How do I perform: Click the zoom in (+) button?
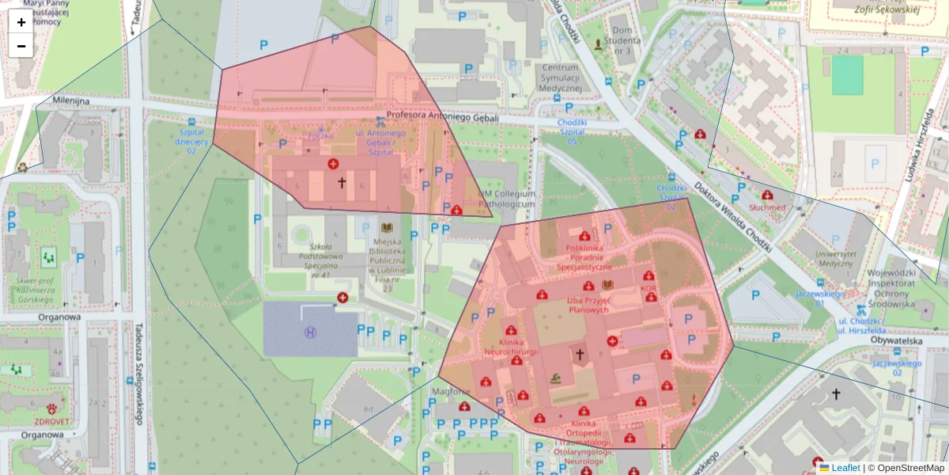coord(21,22)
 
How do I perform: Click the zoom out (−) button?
coord(21,46)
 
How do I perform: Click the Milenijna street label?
coord(71,101)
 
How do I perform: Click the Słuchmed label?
coord(767,207)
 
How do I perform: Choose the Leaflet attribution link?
coord(845,468)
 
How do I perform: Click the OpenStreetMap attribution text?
coord(906,468)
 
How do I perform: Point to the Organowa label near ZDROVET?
coord(41,434)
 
